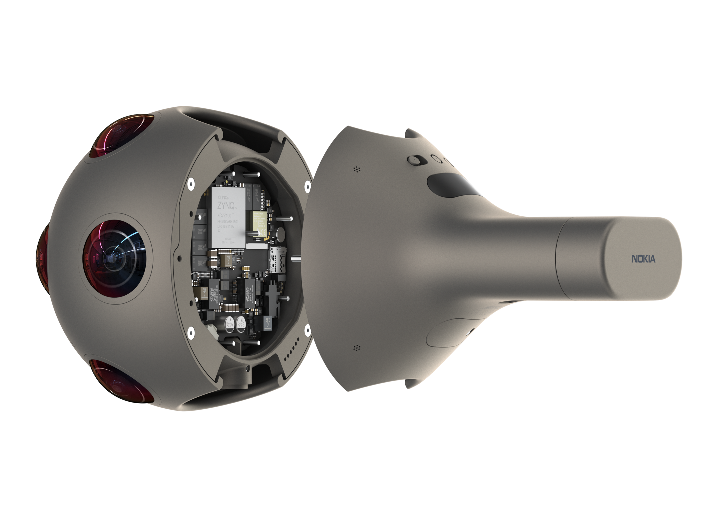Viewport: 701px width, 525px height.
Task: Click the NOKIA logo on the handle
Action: pos(644,259)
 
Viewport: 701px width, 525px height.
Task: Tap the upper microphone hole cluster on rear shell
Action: pos(357,169)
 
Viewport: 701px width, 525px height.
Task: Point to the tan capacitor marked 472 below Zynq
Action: pos(227,260)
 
